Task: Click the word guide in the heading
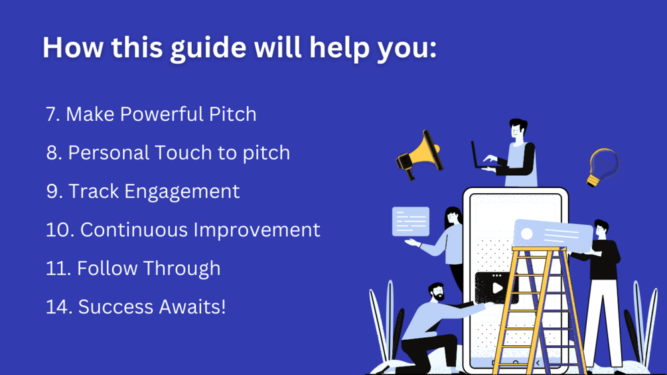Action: pos(208,48)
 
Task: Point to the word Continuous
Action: pos(134,230)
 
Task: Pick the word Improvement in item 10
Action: pos(256,230)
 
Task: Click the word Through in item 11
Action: pos(182,269)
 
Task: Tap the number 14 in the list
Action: pos(58,307)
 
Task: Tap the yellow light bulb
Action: pos(603,167)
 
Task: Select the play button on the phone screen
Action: pos(497,288)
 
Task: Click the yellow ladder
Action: pos(538,311)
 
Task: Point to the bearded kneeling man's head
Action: pos(436,292)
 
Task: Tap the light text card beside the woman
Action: pos(411,222)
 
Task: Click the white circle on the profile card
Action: pos(526,234)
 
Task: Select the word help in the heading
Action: pos(339,48)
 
